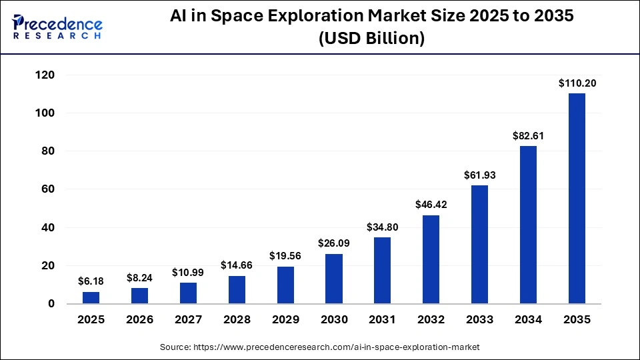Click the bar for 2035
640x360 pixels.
pos(577,199)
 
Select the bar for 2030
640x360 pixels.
pos(334,279)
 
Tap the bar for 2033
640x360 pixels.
pos(479,245)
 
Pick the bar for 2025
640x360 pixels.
pos(91,298)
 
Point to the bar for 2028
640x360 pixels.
pos(237,290)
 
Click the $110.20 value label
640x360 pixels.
pos(577,84)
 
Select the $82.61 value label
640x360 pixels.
pos(528,136)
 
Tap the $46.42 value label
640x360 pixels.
pos(431,205)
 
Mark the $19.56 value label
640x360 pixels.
pos(285,256)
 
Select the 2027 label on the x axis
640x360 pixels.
pos(189,320)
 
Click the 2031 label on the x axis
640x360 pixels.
pos(383,320)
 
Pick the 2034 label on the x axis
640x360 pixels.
pos(528,320)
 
